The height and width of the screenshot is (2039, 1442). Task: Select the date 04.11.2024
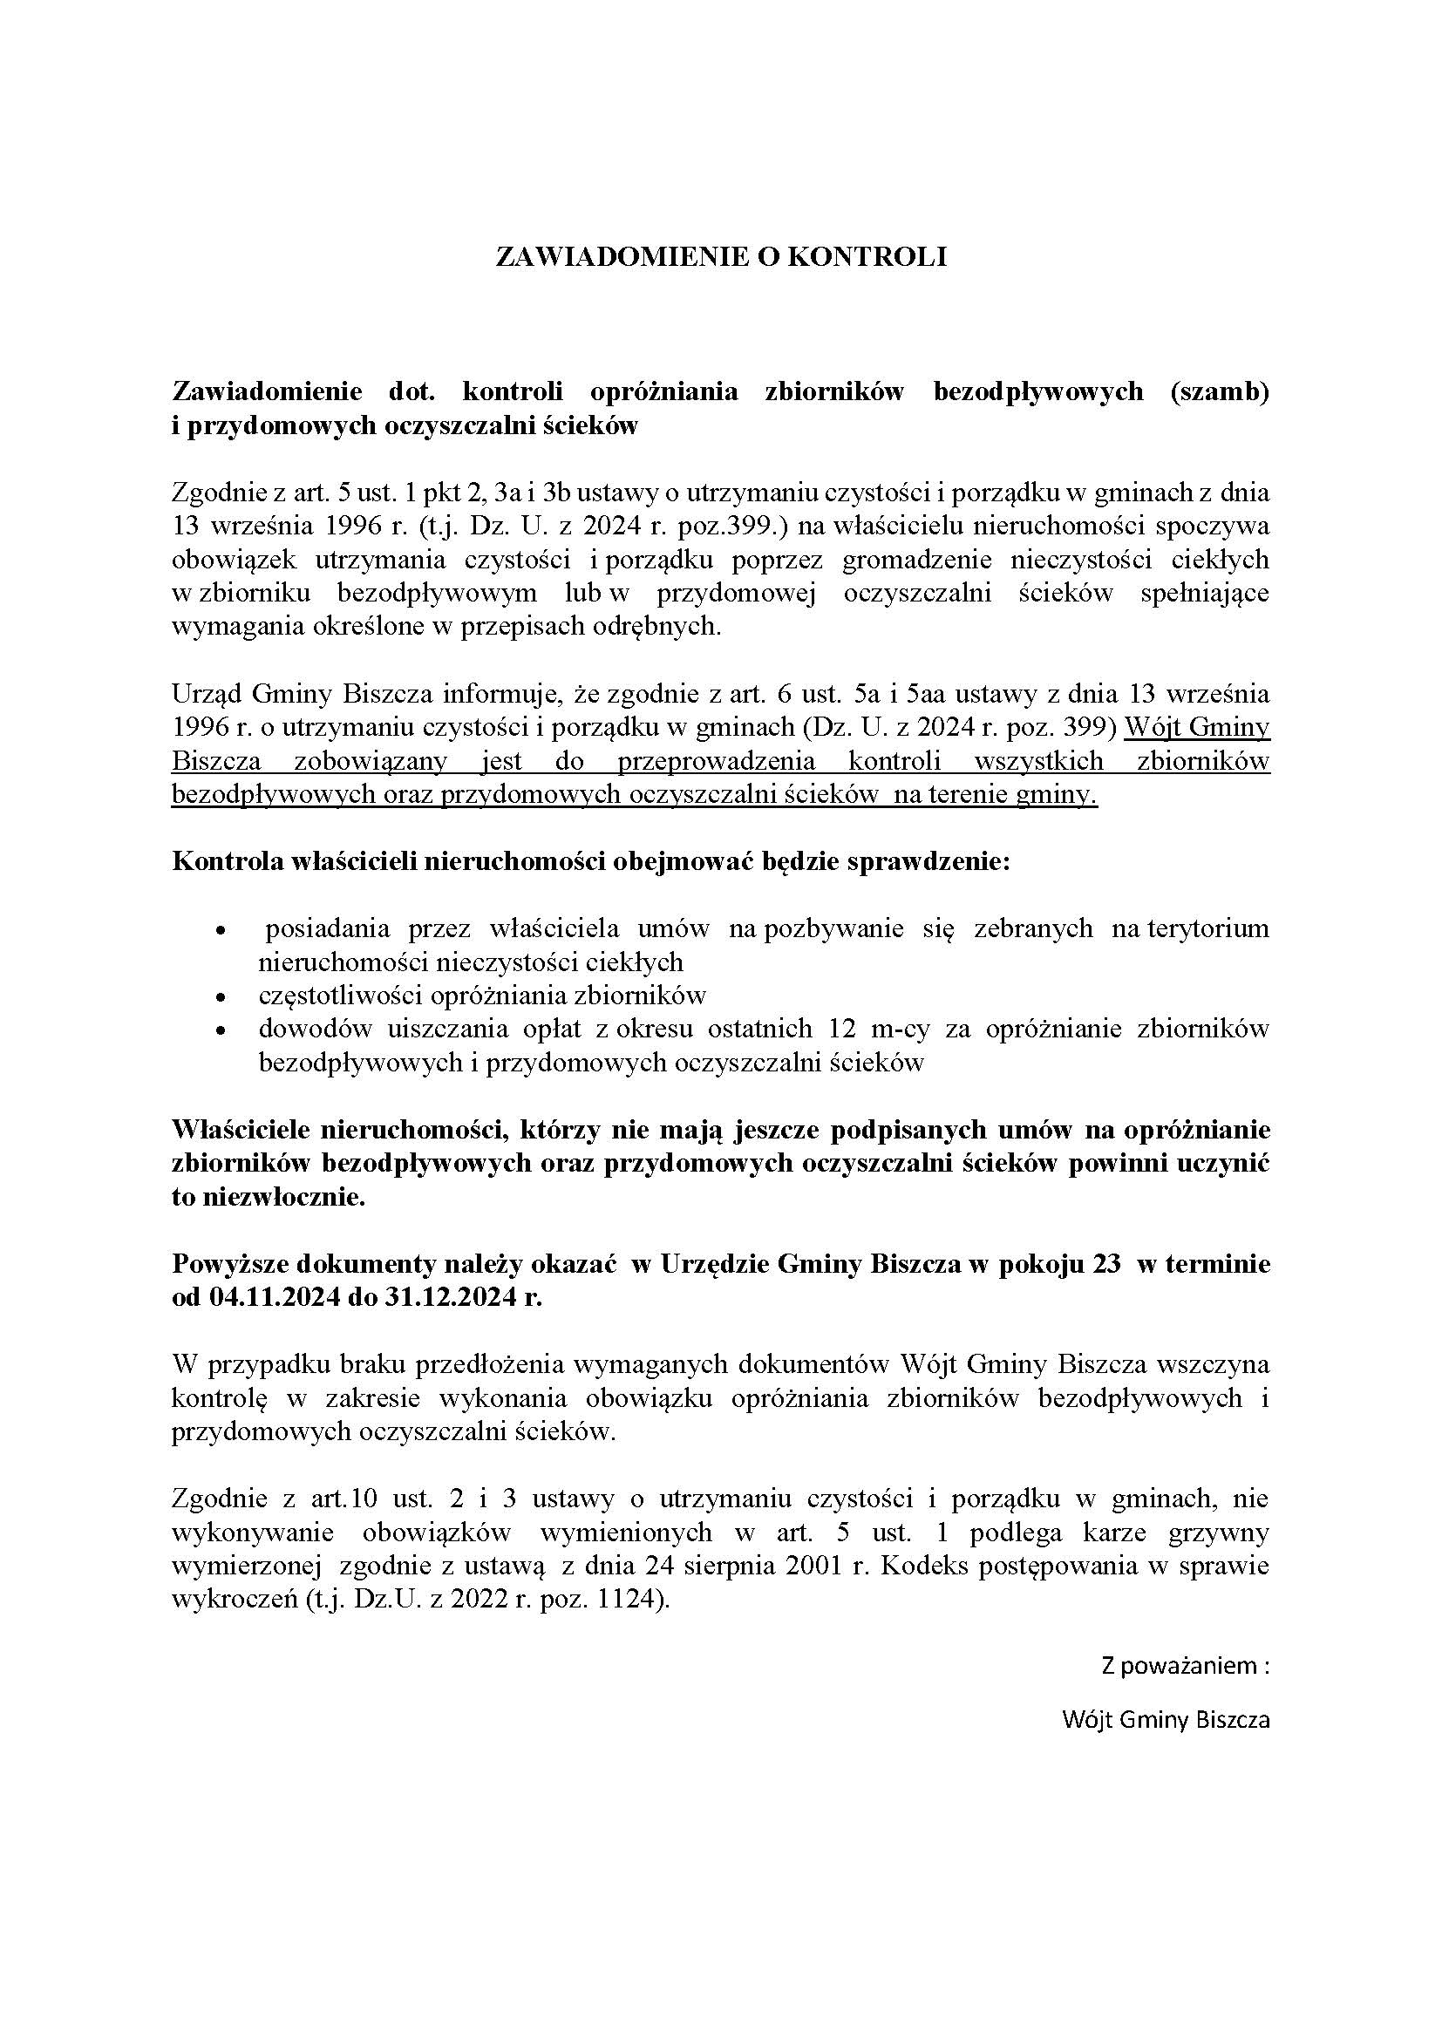(275, 1296)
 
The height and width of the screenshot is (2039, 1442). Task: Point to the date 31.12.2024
(452, 1296)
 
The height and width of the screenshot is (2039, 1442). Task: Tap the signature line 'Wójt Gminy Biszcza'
(1166, 1719)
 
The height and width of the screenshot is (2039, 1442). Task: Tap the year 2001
(817, 1565)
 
